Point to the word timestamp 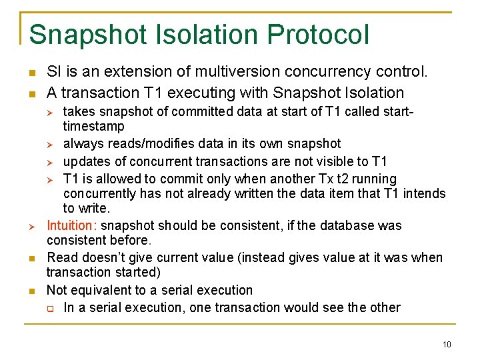pos(93,126)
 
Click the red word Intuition pos(71,225)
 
